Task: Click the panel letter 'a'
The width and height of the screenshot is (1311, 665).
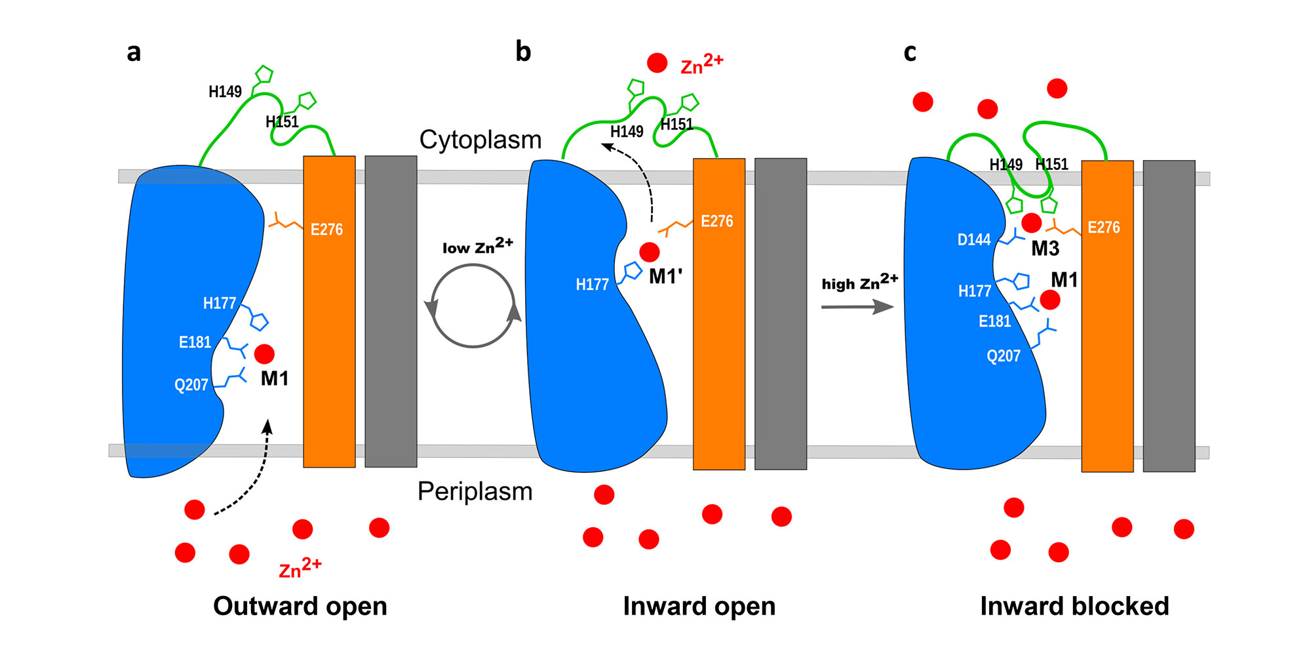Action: pos(134,52)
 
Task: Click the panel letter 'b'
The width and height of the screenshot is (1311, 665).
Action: pos(523,51)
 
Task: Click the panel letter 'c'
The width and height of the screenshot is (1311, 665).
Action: pos(910,52)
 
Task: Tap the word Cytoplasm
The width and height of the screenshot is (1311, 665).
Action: pos(480,140)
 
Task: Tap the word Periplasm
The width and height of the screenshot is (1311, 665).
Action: pos(475,491)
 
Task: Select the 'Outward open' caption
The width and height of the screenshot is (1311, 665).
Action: pos(300,606)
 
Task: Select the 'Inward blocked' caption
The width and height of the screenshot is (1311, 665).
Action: pos(1074,606)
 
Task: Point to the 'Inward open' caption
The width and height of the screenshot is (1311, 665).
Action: pos(699,606)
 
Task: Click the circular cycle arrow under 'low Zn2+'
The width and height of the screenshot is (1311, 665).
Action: pos(473,306)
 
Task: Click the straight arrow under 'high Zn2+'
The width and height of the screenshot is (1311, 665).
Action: pos(857,306)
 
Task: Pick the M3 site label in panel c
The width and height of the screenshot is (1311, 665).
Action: pos(1045,249)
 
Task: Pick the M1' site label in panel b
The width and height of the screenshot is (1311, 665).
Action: pos(665,277)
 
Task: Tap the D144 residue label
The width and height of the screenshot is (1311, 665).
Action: pos(974,240)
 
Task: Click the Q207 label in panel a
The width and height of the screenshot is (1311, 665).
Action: pos(191,385)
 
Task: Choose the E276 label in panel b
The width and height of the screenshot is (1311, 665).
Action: pos(717,222)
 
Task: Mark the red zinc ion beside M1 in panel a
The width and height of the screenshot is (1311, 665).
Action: pos(264,354)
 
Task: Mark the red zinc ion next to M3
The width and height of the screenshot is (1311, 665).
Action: pos(1031,223)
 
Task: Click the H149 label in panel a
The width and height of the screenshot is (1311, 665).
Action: pos(225,92)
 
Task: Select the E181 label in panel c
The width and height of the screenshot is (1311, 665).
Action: pos(994,321)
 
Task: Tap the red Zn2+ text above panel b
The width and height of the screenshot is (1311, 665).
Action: pos(701,64)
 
